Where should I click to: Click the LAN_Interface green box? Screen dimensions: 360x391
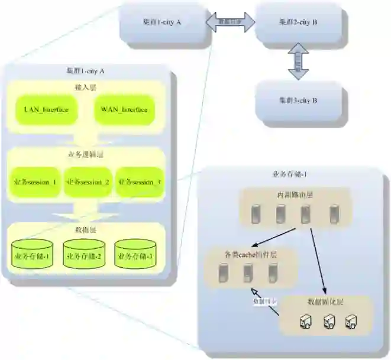tap(47, 109)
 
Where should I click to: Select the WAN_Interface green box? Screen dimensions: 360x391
tap(124, 109)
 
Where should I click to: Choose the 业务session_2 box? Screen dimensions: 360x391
tap(88, 182)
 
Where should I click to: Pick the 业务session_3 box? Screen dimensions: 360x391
tap(139, 182)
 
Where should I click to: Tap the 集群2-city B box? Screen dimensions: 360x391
tap(298, 22)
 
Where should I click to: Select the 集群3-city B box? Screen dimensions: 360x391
tap(298, 101)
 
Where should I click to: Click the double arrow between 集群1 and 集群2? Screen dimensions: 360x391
tap(231, 22)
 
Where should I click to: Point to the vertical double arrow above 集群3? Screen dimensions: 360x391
tap(298, 61)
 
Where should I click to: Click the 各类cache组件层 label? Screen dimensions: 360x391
tap(251, 253)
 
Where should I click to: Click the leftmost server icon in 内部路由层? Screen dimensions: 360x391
tap(256, 212)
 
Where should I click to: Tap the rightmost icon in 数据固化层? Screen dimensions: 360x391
tap(351, 321)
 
